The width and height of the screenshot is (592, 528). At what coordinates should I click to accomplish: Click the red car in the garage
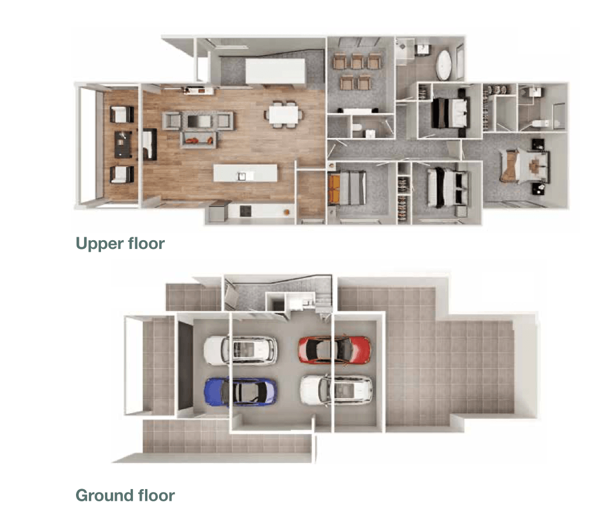click(x=334, y=349)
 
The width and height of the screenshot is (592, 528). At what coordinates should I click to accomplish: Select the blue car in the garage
click(x=240, y=392)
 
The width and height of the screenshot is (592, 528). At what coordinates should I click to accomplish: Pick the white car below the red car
click(x=336, y=390)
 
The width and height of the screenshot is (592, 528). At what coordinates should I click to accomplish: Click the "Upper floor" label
click(x=120, y=244)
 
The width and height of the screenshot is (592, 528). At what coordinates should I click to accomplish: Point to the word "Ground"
click(x=102, y=496)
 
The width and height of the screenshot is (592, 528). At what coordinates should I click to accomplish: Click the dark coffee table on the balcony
click(x=122, y=144)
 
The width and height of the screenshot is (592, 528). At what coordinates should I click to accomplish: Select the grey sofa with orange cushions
click(x=198, y=140)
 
